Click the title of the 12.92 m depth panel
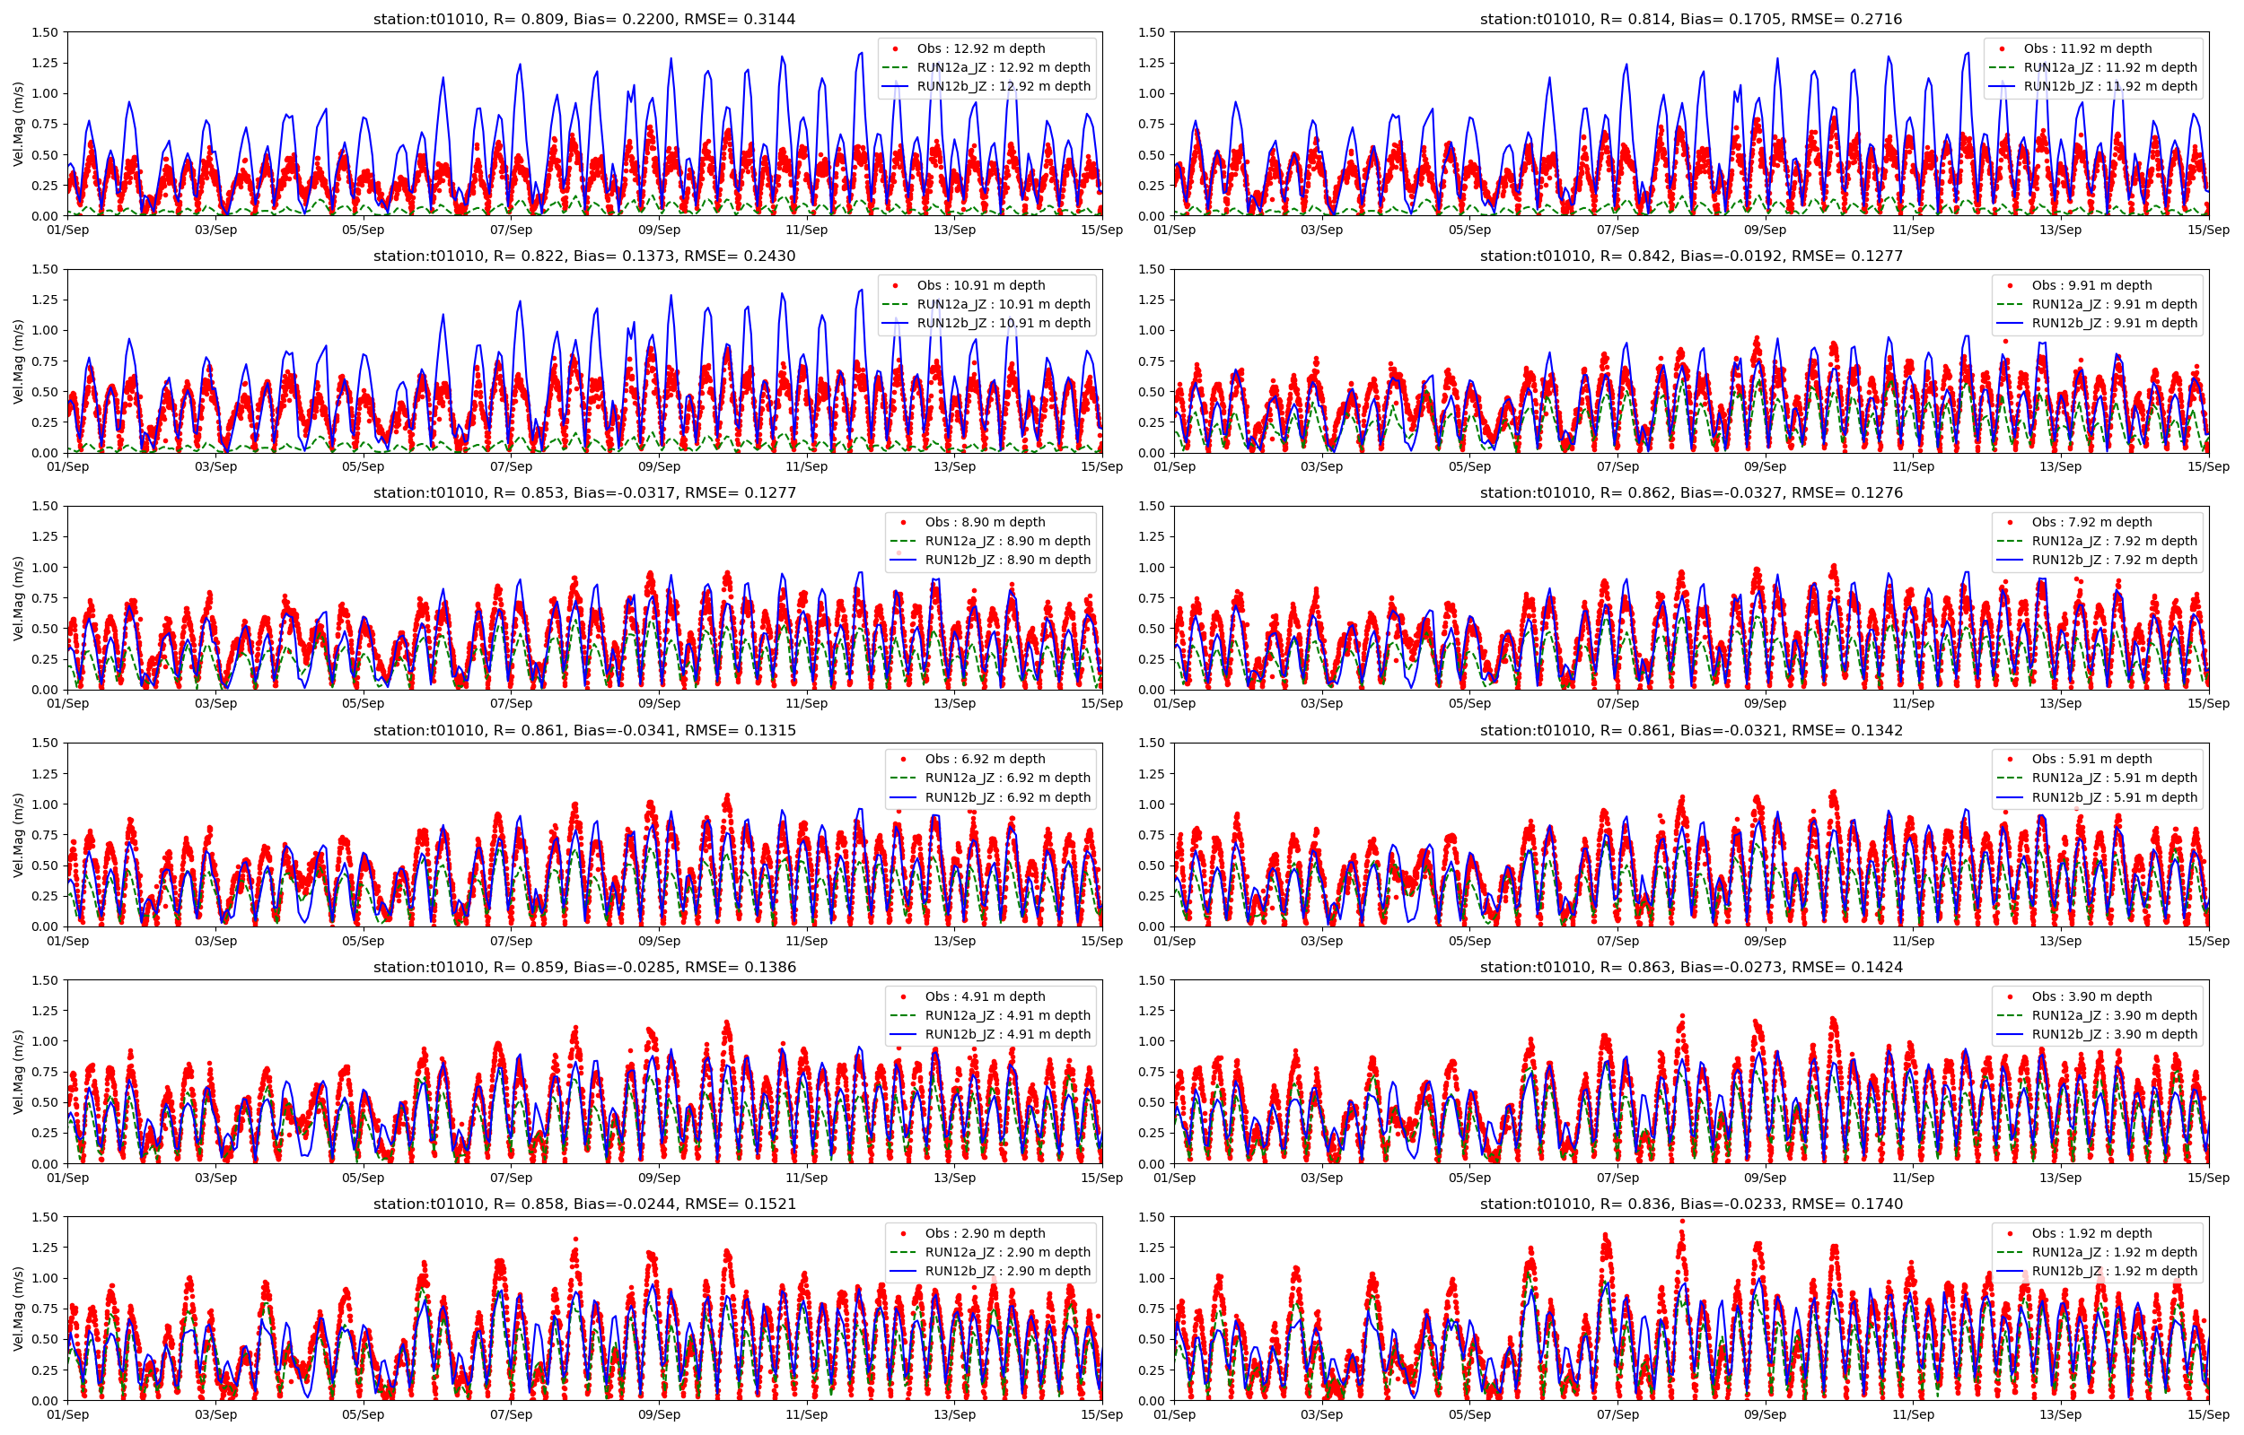click(583, 19)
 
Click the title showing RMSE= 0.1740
click(1690, 1204)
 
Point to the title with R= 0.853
click(583, 493)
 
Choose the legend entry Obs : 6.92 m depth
click(985, 759)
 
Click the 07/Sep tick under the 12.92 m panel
click(511, 230)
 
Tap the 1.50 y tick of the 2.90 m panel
click(45, 1217)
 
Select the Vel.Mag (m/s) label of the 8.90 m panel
click(19, 598)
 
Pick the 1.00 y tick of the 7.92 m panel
click(1152, 568)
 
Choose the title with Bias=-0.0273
click(1690, 967)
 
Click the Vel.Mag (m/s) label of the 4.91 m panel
click(19, 1072)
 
